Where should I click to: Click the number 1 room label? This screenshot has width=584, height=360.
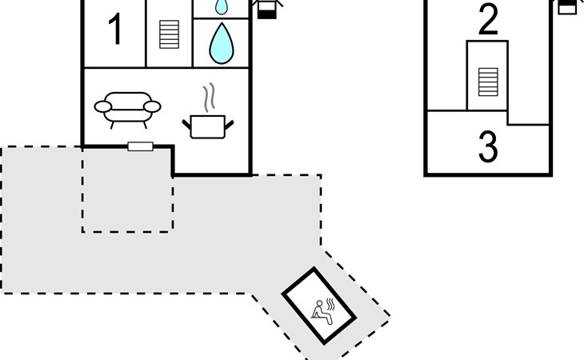115,29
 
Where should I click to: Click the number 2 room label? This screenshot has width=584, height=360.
488,19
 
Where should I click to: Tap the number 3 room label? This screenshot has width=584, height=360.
488,146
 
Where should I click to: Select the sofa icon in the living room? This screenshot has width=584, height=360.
127,110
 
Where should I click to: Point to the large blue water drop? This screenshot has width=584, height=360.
222,43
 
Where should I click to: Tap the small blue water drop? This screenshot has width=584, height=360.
222,6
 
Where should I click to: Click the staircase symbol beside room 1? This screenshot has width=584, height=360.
169,34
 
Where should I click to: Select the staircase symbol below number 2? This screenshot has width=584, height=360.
488,82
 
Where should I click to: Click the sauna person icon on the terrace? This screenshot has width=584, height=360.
322,313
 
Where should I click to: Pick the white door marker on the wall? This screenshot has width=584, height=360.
141,146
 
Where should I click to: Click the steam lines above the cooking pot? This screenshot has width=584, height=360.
210,97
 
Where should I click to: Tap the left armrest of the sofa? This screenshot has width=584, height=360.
102,107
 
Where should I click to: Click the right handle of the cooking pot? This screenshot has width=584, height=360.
229,125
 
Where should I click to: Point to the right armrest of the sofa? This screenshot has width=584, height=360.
152,107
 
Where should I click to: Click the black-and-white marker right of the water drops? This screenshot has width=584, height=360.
267,8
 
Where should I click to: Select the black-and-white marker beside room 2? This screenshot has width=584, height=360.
568,6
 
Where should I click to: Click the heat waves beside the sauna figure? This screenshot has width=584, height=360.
330,304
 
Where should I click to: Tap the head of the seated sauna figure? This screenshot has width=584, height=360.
319,303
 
